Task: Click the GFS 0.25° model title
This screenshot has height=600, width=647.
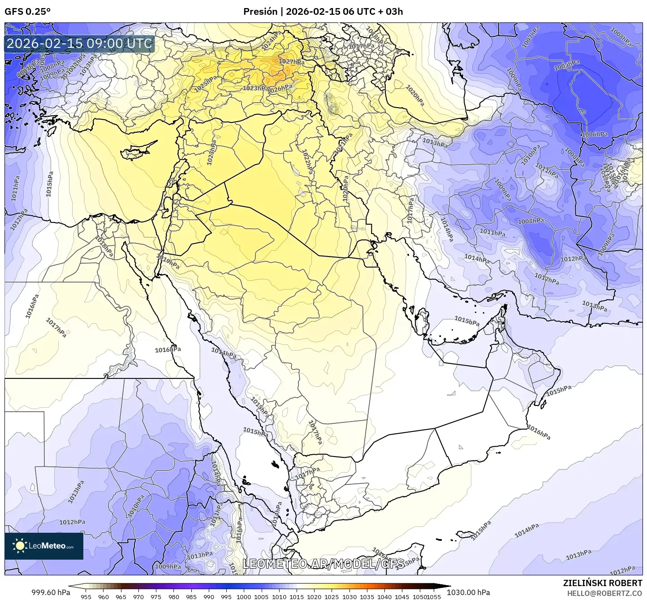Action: tap(27, 12)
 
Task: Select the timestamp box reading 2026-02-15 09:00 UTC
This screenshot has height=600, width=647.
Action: tap(80, 43)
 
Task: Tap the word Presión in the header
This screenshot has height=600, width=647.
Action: tap(260, 12)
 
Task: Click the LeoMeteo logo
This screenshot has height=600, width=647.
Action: tap(44, 546)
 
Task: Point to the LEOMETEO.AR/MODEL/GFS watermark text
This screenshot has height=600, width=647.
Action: tap(323, 564)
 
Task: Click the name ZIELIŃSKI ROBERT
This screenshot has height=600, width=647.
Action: tap(602, 583)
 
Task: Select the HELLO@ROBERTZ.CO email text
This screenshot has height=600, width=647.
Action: tap(604, 593)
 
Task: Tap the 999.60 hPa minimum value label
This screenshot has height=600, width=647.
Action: tap(50, 592)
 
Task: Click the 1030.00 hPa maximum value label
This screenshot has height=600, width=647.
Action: tap(468, 592)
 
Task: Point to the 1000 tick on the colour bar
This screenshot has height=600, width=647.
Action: tap(244, 596)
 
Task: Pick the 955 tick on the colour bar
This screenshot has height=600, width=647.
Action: tap(86, 596)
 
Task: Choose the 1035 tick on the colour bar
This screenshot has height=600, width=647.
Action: tap(367, 596)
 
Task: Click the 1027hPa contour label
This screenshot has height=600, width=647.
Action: tap(292, 62)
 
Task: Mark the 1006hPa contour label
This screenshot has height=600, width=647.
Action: tap(595, 135)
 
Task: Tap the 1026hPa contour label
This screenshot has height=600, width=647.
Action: tap(281, 89)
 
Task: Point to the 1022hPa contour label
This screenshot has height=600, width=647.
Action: tap(307, 162)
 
